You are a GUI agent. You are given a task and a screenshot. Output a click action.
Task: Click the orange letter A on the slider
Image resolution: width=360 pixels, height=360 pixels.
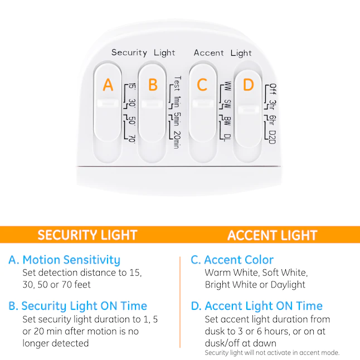(x=108, y=85)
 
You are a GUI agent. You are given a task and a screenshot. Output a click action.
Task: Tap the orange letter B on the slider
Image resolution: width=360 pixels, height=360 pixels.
(x=153, y=85)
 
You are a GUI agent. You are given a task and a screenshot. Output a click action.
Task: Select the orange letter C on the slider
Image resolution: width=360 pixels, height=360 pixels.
(x=202, y=85)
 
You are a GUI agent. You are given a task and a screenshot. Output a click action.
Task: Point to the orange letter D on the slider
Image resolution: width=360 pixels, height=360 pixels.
(x=248, y=85)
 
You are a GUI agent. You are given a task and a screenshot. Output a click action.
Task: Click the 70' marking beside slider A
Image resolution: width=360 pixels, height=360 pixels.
(x=132, y=138)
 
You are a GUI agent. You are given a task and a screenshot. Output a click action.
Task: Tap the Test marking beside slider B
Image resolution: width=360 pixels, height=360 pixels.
(x=177, y=84)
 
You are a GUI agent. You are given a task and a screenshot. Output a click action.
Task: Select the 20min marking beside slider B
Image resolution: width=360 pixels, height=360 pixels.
(x=177, y=140)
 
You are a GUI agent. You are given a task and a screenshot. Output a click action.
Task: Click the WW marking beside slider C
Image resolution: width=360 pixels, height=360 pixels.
(x=227, y=86)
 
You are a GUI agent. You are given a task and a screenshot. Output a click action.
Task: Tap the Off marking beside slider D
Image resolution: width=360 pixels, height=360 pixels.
(x=273, y=89)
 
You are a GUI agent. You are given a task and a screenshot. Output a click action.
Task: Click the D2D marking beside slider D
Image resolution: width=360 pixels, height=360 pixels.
(x=273, y=137)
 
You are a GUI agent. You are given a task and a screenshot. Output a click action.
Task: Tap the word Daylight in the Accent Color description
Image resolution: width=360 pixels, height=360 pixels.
(x=288, y=285)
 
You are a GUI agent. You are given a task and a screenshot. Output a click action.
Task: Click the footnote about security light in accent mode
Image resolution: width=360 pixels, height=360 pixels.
(x=272, y=353)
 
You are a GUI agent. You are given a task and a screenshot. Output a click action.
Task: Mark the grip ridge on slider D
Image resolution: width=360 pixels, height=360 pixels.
(x=248, y=110)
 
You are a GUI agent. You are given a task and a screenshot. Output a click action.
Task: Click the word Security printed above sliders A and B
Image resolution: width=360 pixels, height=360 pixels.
(x=129, y=52)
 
